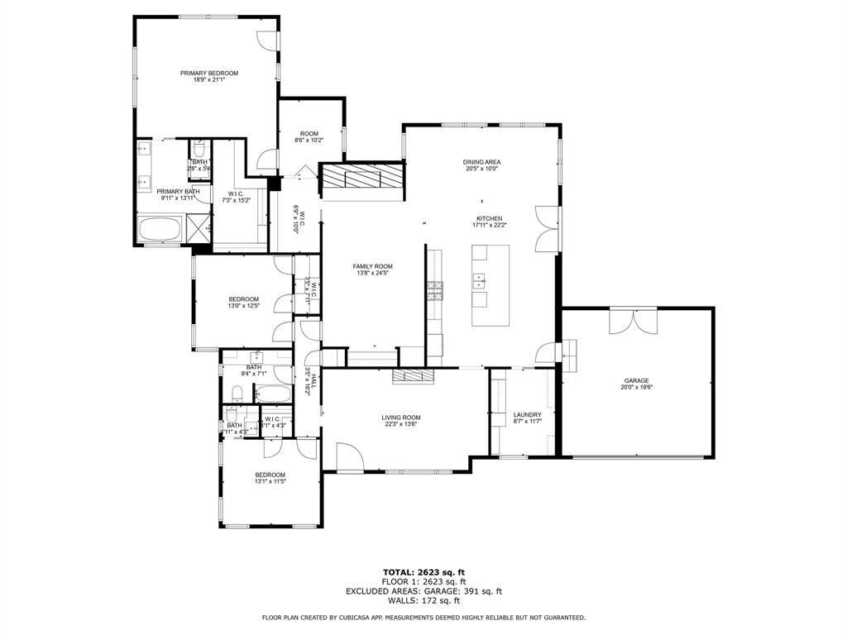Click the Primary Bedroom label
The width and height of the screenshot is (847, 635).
pyautogui.click(x=209, y=74)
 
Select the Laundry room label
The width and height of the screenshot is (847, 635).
pyautogui.click(x=527, y=415)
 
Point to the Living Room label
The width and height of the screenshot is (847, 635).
pyautogui.click(x=401, y=418)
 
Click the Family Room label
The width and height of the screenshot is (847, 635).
pyautogui.click(x=372, y=266)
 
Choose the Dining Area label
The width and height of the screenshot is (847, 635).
pyautogui.click(x=481, y=162)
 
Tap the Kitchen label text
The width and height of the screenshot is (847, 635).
pyautogui.click(x=488, y=219)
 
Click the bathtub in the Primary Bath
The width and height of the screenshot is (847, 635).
pyautogui.click(x=161, y=229)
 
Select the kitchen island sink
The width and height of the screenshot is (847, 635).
pyautogui.click(x=479, y=283)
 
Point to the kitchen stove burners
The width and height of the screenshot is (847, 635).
pyautogui.click(x=434, y=289)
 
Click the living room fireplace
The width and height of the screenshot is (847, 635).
pyautogui.click(x=413, y=376)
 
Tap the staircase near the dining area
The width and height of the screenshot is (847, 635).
pyautogui.click(x=362, y=177)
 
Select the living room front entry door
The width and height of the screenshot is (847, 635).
pyautogui.click(x=347, y=456)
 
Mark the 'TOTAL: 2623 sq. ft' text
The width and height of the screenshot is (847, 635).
pyautogui.click(x=423, y=572)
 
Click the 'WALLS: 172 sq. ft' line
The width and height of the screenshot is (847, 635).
pyautogui.click(x=423, y=600)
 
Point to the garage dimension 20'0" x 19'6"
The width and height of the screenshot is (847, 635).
pyautogui.click(x=636, y=387)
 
